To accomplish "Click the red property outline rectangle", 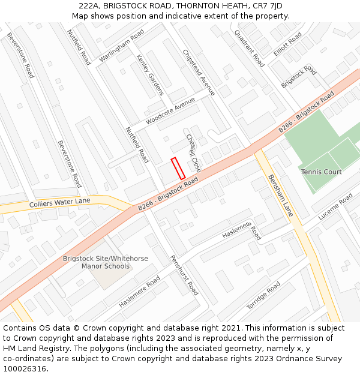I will tap(178, 168).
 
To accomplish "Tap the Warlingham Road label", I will tap(122, 45).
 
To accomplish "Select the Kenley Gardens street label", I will tap(150, 75).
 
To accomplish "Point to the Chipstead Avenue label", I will tap(199, 72).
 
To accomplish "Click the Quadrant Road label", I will tap(249, 48).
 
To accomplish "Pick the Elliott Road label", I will tap(287, 44).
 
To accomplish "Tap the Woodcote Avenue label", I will tap(170, 110).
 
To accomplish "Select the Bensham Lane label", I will tap(280, 195).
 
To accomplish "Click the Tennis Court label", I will tap(321, 172).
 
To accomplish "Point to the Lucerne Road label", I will tap(335, 206).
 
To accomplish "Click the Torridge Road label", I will tap(263, 295).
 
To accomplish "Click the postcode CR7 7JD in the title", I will tap(268, 6).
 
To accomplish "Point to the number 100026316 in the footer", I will tap(25, 369).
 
